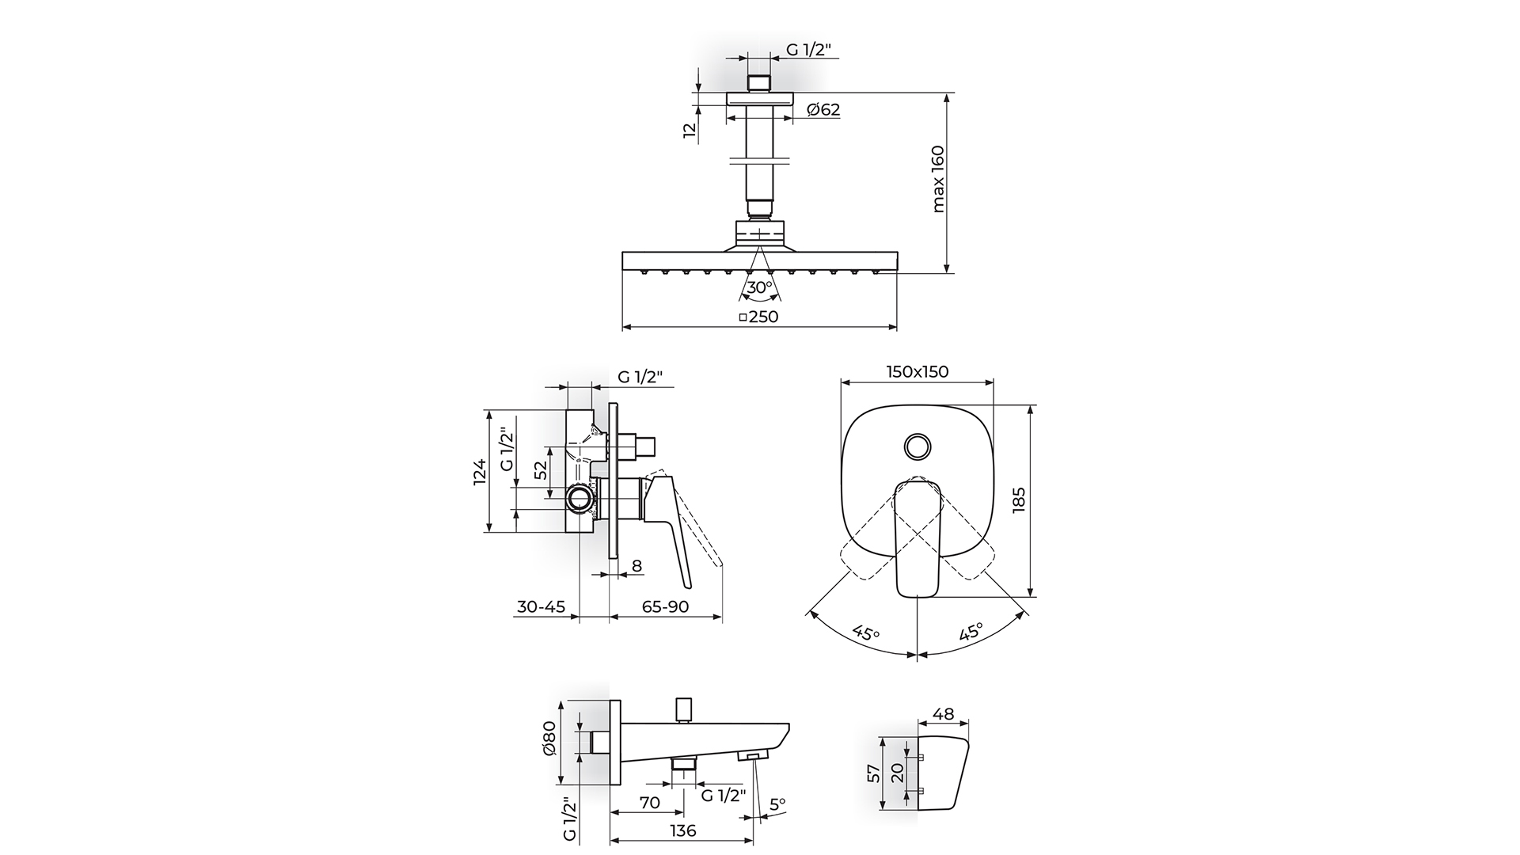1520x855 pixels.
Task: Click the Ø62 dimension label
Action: pos(823,110)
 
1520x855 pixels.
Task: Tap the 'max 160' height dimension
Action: pos(938,179)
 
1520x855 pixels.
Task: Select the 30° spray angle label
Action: pos(759,287)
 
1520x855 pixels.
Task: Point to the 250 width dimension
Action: pos(758,317)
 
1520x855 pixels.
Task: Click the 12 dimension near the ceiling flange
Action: pos(690,131)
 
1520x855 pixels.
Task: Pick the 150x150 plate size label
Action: pos(917,371)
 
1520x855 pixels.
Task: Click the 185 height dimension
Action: pos(1018,502)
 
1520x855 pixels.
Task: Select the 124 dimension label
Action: pos(480,473)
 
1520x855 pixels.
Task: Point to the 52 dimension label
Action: pos(541,470)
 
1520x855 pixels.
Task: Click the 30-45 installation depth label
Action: pos(541,607)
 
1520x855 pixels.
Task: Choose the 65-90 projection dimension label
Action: pos(665,607)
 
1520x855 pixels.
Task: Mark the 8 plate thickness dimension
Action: pos(636,566)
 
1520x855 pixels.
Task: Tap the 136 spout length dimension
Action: pos(682,830)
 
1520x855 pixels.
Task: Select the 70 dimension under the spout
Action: pos(649,803)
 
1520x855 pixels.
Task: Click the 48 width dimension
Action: pos(943,714)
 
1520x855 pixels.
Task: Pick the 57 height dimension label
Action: pos(873,773)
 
